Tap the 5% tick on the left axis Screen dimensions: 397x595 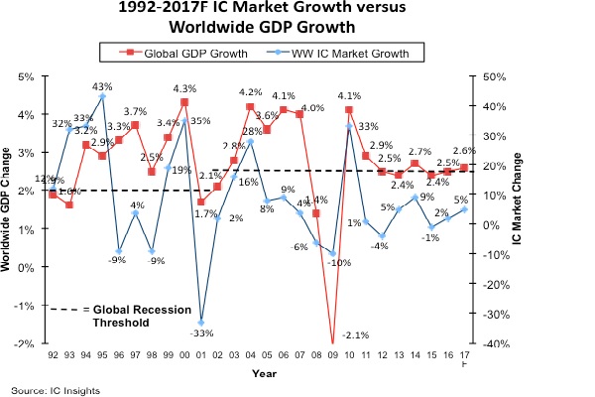[27, 76]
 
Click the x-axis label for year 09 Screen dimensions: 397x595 [332, 354]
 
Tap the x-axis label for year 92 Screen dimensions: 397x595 [53, 354]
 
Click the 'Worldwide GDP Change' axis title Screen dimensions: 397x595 [10, 210]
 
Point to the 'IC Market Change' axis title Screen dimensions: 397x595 [517, 210]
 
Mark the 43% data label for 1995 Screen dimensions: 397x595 [102, 86]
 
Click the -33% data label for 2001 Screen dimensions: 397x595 [201, 334]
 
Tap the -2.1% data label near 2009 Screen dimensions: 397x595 [355, 334]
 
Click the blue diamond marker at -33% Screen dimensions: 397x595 [200, 322]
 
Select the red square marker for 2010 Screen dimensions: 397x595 [349, 109]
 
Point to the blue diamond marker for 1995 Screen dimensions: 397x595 [102, 97]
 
